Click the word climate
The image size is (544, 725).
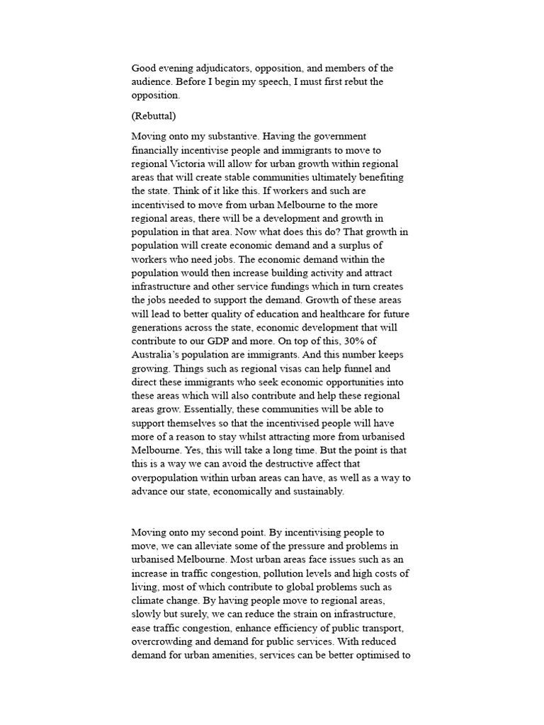153,613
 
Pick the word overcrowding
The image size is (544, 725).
165,667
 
